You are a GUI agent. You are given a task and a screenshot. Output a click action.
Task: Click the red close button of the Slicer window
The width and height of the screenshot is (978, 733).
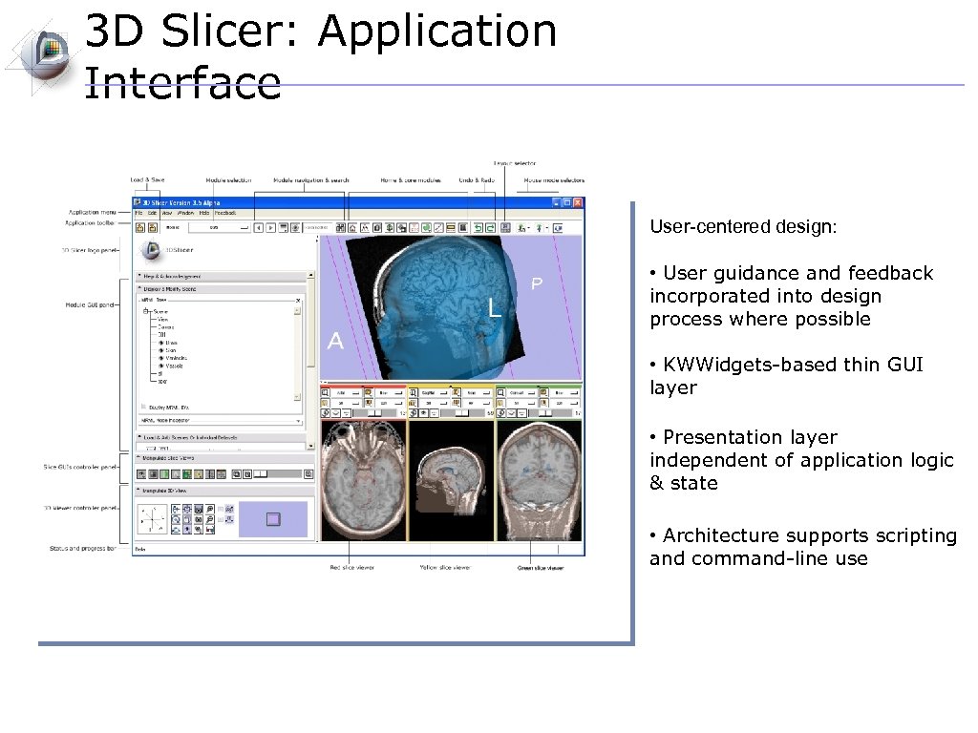tap(578, 202)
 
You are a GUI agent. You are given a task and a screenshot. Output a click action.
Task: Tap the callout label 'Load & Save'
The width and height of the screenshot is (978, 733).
tap(147, 179)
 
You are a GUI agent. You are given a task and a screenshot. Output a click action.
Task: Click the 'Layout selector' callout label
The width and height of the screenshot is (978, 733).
tap(516, 163)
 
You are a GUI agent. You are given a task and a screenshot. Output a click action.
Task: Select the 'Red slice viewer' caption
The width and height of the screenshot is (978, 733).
tap(351, 568)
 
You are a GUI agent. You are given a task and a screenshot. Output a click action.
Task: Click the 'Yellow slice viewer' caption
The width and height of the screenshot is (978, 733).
tap(444, 568)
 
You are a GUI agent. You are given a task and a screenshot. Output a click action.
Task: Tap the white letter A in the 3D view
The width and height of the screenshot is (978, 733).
tap(335, 341)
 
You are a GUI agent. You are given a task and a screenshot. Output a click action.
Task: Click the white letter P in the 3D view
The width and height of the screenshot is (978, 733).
tap(537, 283)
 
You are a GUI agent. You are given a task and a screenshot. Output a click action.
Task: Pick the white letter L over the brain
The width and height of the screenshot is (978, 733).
tap(494, 307)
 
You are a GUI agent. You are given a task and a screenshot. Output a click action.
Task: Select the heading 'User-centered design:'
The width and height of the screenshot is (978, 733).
tap(743, 227)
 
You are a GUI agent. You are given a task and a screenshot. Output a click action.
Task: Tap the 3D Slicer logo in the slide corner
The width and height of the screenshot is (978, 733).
tap(43, 52)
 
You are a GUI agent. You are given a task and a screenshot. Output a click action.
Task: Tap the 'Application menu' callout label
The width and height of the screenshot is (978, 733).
tap(92, 212)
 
